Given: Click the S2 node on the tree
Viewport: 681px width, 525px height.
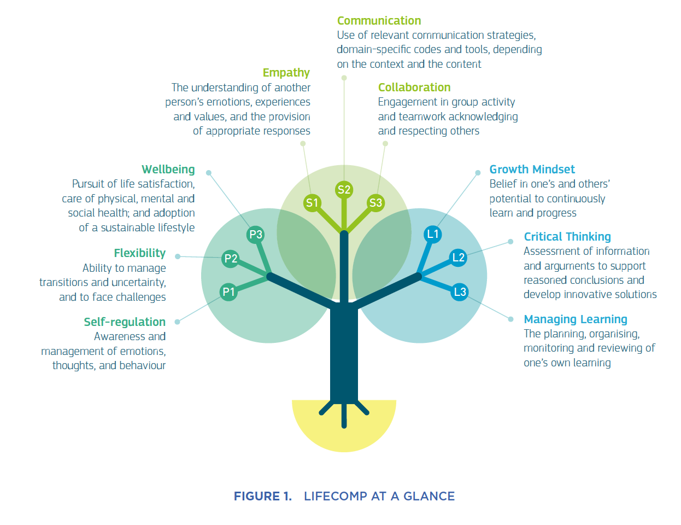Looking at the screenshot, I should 344,190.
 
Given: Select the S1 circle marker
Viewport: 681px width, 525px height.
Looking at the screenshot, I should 312,203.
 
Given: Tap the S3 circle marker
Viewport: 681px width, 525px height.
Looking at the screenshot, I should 375,203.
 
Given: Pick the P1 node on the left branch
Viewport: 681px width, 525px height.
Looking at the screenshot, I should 228,292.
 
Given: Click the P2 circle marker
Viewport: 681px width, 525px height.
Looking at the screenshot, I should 231,259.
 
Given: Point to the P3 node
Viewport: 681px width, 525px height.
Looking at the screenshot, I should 256,235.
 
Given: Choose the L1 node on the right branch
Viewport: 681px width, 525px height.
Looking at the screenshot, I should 433,234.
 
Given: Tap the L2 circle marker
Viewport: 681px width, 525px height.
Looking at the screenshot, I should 458,258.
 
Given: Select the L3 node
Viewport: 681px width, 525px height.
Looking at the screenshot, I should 460,292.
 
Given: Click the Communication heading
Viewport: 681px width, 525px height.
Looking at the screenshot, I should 379,21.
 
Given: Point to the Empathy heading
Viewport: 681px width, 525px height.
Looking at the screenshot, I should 286,73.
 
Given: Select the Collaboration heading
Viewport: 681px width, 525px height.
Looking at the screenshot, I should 414,87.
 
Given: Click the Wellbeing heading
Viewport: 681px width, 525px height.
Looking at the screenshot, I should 168,170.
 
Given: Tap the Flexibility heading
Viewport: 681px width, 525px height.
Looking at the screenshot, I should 139,253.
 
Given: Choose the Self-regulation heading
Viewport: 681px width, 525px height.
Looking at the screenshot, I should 125,322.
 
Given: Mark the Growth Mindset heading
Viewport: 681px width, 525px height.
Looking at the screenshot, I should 532,170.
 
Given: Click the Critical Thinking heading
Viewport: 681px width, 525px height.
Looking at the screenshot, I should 567,237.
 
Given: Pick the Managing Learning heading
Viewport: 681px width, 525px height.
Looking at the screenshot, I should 576,319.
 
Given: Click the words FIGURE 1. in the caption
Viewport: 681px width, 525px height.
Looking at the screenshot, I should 262,496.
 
